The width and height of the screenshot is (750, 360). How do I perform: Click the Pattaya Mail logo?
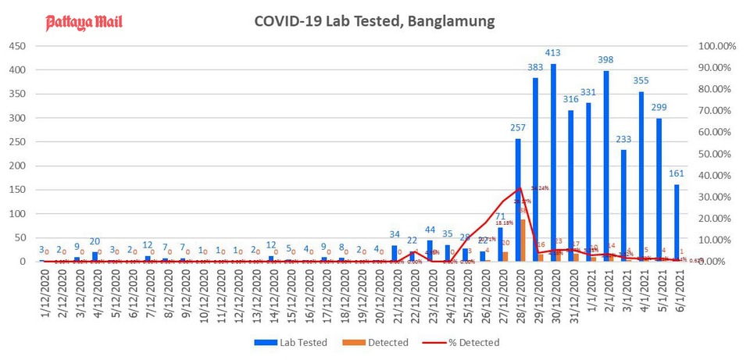84,21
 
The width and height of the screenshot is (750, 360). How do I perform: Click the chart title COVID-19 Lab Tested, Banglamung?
374,21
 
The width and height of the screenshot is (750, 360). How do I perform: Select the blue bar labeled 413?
553,162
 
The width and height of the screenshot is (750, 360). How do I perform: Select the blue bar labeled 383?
536,169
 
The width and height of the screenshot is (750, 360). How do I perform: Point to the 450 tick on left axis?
18,46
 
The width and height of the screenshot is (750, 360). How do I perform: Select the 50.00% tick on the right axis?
717,154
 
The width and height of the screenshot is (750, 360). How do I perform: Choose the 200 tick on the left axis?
18,166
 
